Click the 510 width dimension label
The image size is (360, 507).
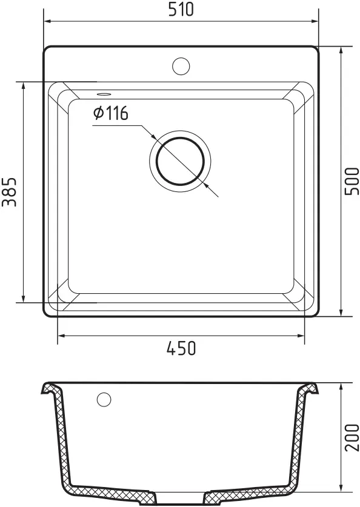[x=181, y=9]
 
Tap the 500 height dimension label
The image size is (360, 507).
[x=352, y=181]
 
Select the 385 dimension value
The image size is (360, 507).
[x=9, y=192]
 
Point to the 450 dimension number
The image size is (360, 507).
[x=181, y=348]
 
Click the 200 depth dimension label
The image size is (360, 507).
[x=352, y=437]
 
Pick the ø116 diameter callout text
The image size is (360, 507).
[x=111, y=113]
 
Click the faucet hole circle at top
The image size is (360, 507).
[x=181, y=66]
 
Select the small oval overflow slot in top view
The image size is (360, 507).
[x=104, y=94]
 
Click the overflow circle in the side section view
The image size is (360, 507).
[x=104, y=399]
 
